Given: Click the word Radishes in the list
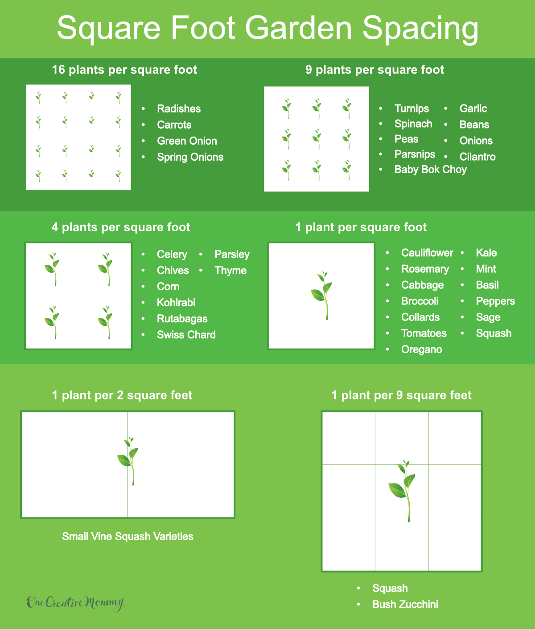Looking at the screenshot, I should (179, 109).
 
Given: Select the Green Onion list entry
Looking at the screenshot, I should (187, 141).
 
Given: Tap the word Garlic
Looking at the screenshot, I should (473, 108).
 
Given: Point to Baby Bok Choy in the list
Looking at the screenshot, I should (430, 170).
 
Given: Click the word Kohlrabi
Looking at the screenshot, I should (176, 303).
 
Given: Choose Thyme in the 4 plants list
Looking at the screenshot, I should (230, 271).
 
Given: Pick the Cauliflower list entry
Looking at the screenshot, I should (427, 253).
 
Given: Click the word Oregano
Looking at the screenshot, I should (421, 350).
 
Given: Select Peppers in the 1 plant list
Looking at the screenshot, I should (495, 301).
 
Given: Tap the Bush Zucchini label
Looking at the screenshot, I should (405, 604).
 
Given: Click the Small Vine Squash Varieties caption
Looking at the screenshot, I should (128, 537).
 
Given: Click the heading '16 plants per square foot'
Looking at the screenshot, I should (124, 70).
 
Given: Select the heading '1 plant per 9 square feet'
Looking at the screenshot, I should (401, 396).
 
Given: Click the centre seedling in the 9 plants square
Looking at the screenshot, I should (317, 139).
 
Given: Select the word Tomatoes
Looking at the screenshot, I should (424, 333).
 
